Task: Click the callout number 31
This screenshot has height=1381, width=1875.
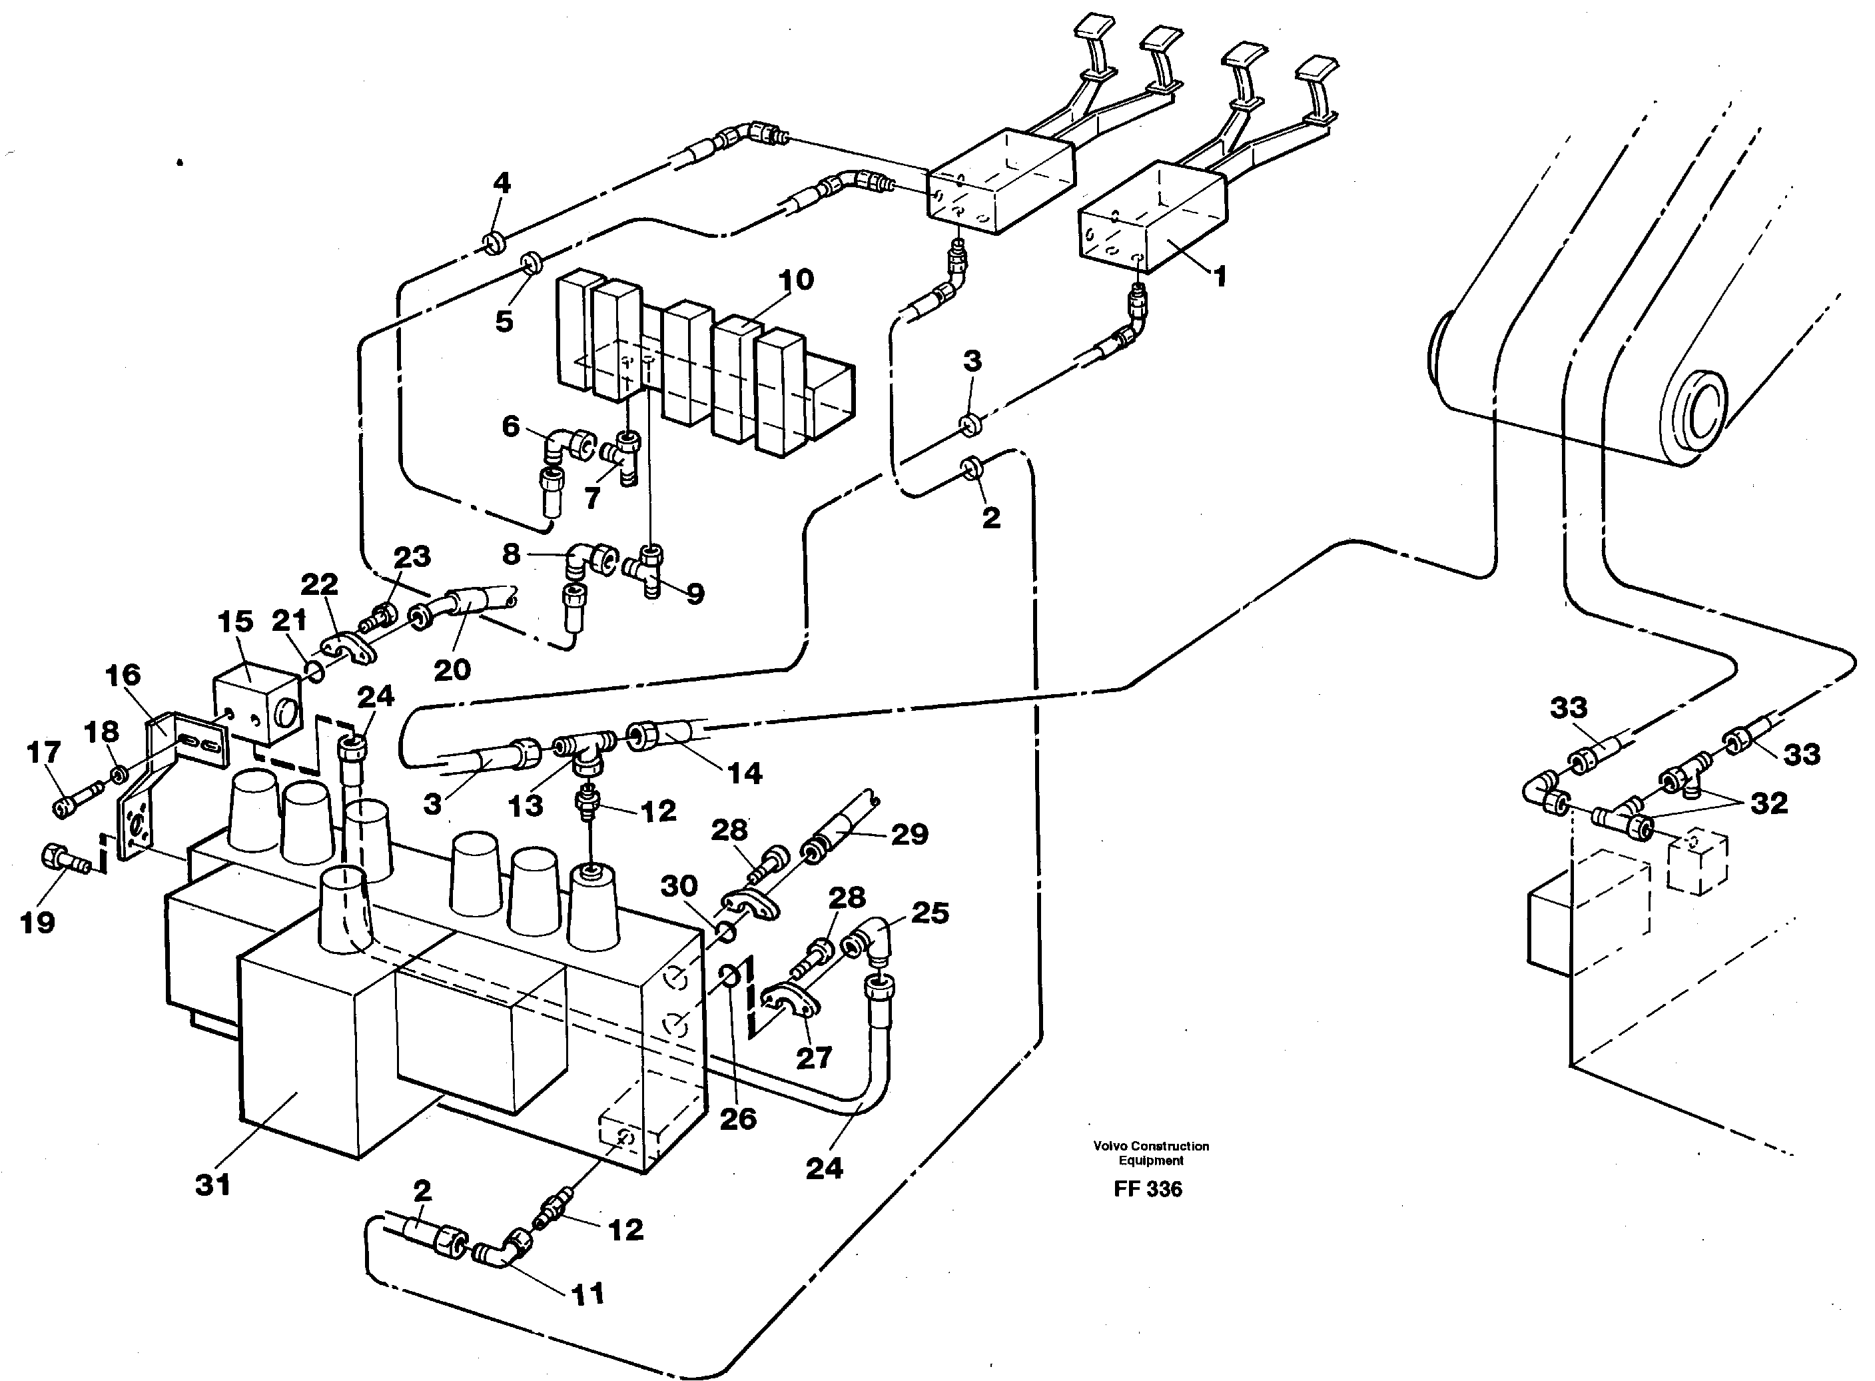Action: [212, 1184]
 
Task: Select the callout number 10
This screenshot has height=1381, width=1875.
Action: [795, 280]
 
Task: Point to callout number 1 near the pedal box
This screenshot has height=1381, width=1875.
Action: [1220, 276]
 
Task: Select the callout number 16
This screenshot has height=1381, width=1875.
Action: [123, 675]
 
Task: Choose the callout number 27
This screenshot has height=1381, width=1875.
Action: [813, 1057]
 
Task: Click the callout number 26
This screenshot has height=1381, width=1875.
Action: [738, 1118]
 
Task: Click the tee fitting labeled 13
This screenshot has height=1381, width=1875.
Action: [585, 742]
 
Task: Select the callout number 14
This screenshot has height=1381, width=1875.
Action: [744, 773]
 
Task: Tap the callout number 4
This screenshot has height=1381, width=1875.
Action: [502, 183]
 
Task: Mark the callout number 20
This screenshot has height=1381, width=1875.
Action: [452, 669]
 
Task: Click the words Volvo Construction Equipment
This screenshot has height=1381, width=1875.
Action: [1151, 1152]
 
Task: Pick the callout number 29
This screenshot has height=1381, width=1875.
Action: [909, 833]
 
